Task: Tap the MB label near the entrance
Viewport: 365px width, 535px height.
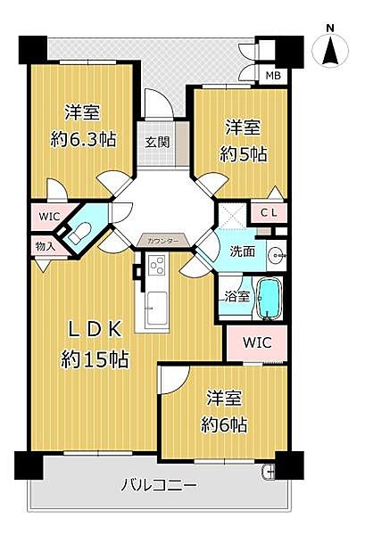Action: tap(270, 75)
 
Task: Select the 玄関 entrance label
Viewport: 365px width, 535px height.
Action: tap(155, 141)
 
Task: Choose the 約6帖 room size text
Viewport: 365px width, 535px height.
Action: tap(224, 424)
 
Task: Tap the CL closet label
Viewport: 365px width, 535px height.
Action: tap(269, 212)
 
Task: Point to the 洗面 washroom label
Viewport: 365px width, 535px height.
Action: tap(242, 251)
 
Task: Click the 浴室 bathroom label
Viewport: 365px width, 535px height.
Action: tap(236, 296)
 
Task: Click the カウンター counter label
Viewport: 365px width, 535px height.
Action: tap(161, 242)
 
